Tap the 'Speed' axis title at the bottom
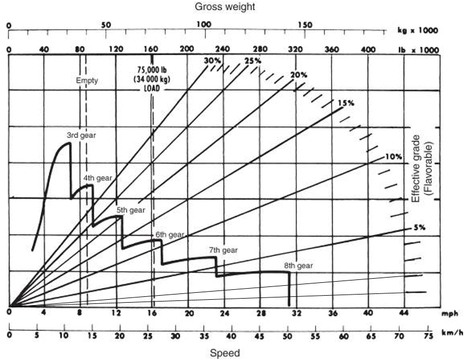coord(225,353)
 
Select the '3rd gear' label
coord(81,135)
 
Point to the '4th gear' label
coord(97,177)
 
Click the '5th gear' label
coord(130,210)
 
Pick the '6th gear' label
coord(170,235)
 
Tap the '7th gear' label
coord(223,250)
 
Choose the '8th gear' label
coord(298,266)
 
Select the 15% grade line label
coord(346,103)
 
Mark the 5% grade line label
coord(418,227)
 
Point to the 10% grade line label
coord(393,157)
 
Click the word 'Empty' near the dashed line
coord(87,81)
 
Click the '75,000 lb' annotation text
coord(151,68)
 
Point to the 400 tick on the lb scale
coord(368,50)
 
